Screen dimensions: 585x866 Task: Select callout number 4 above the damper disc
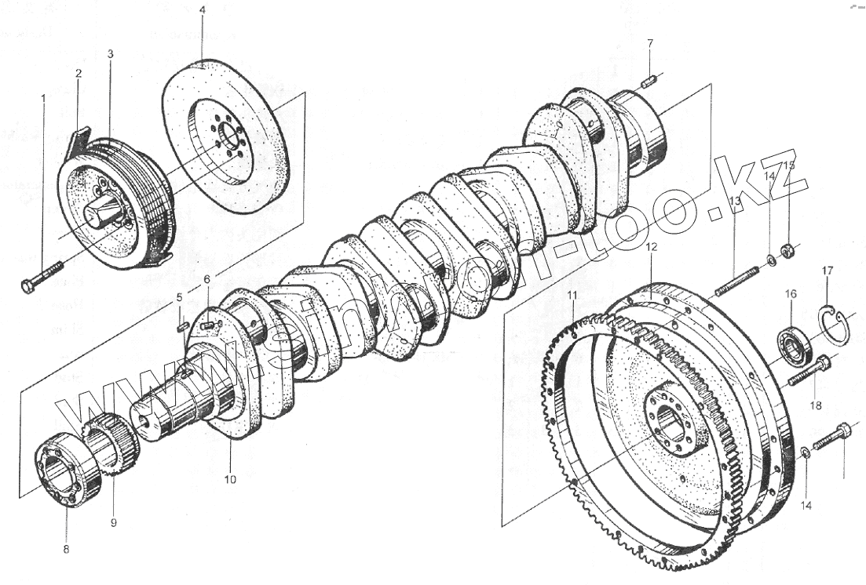click(x=202, y=11)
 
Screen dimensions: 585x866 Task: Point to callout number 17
click(x=828, y=271)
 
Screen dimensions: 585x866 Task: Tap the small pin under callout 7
click(x=649, y=81)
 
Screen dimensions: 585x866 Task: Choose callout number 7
click(x=649, y=42)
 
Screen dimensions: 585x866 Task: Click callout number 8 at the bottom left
click(x=66, y=548)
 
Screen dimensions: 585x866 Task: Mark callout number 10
click(x=230, y=479)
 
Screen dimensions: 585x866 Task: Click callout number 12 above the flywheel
click(x=651, y=247)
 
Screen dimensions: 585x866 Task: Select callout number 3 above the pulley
click(x=110, y=54)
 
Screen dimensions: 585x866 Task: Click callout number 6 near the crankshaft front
click(x=207, y=279)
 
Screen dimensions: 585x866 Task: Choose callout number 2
click(x=79, y=73)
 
